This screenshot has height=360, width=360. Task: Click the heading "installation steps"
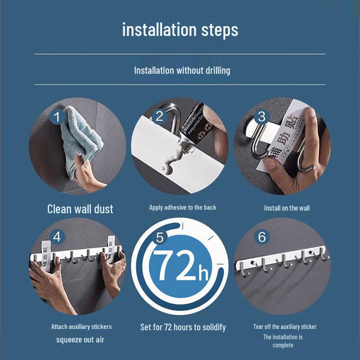coord(180,30)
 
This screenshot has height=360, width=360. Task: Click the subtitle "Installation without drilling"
coord(182,70)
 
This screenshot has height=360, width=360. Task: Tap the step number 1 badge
coord(57,117)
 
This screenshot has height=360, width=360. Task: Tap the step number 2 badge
coord(159,116)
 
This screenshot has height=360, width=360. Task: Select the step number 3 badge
coord(262,117)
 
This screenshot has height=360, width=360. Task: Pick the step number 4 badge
coord(57,236)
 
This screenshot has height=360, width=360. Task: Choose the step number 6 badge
coord(262,237)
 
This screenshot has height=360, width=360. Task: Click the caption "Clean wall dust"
coord(80,209)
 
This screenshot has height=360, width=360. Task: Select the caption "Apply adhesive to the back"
coord(183,207)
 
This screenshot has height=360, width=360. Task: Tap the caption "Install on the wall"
coord(287,208)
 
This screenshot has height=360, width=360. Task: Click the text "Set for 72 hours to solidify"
coord(183,327)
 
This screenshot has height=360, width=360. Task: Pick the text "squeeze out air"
coord(80,339)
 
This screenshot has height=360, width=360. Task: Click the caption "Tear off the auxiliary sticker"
coord(284,327)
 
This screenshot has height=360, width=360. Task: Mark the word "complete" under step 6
coord(283,345)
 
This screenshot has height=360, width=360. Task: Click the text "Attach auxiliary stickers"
coord(81,327)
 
